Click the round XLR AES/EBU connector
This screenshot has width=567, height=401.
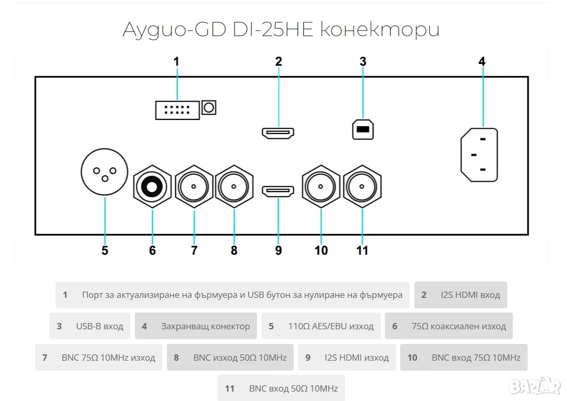coord(104,172)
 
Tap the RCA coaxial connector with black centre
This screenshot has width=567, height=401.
coord(152,186)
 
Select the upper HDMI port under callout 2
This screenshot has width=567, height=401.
coord(278,133)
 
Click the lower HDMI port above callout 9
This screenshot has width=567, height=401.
coord(278,191)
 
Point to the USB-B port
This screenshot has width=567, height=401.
coord(362,129)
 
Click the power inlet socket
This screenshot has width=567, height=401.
coord(479,154)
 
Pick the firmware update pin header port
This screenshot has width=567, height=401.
coord(177,110)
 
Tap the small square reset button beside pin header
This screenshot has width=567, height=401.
coord(209,107)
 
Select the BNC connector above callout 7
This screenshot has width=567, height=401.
coord(194,186)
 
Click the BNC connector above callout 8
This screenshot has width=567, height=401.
coord(234,186)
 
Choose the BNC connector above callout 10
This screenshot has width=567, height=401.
coord(321,186)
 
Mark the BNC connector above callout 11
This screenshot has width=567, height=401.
coord(362,186)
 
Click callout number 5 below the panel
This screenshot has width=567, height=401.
coord(105,250)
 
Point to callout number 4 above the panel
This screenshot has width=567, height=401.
coord(482,61)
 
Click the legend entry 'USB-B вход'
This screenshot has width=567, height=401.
coord(90,326)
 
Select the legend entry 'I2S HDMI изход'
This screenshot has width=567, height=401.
coord(347,358)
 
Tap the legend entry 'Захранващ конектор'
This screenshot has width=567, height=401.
coord(196,326)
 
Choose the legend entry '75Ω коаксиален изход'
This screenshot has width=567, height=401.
coord(449,326)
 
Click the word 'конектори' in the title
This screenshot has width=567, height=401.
coord(380,30)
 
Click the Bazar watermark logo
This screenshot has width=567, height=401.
coord(535,386)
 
